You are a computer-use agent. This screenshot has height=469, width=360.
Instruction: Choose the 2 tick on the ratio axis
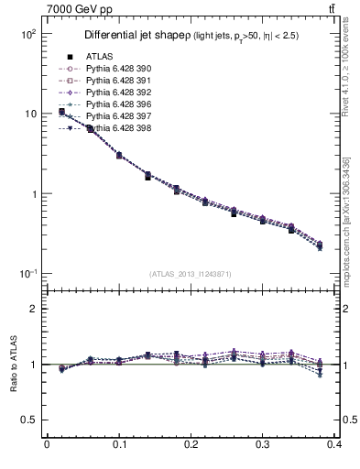point(32,309)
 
